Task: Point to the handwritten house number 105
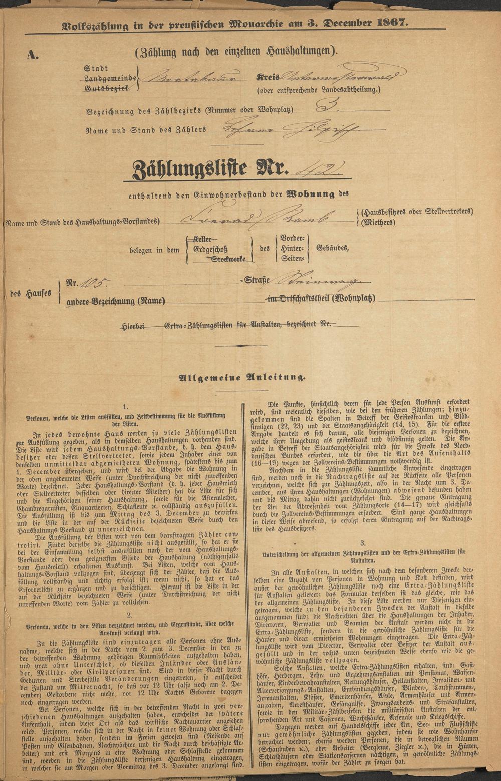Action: click(94, 283)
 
